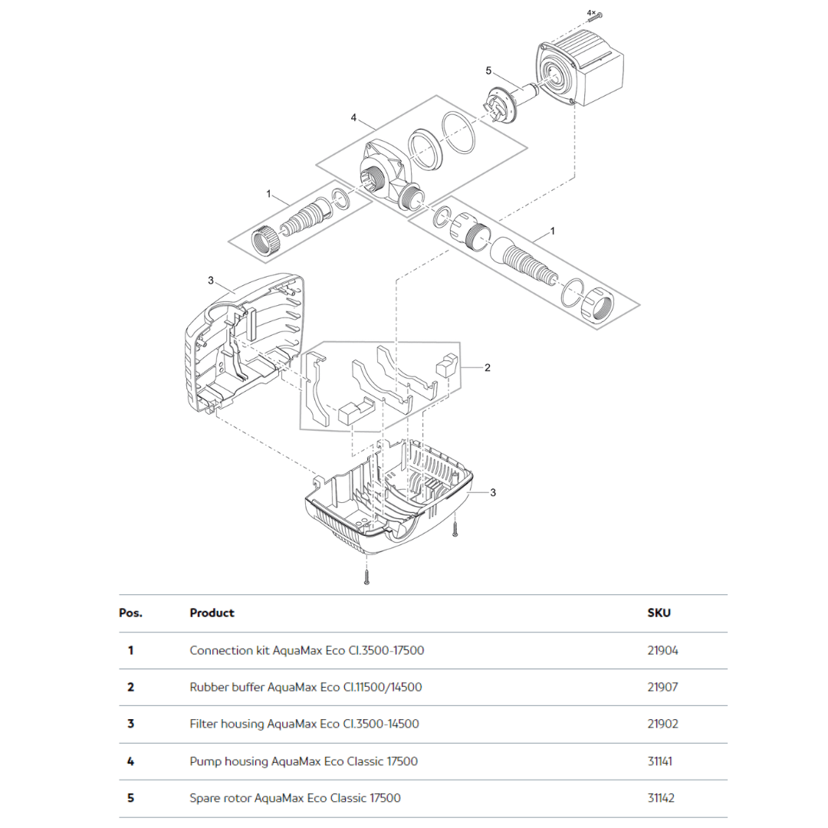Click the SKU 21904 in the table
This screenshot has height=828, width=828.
662,650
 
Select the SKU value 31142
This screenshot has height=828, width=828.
661,798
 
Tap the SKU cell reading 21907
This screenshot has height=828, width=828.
662,687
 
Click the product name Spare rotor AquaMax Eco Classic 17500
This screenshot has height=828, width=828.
294,798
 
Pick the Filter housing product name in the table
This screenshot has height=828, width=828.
304,724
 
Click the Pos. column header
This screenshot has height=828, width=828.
131,613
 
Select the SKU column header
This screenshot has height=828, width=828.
659,613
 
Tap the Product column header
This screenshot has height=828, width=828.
212,613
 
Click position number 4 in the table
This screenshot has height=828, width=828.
130,761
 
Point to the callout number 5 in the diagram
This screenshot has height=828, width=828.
488,71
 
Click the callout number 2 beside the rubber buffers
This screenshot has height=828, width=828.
487,367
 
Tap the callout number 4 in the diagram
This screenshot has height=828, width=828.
353,117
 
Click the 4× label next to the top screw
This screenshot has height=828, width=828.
590,13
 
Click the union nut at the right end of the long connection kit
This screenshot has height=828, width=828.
596,307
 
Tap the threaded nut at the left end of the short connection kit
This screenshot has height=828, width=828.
264,243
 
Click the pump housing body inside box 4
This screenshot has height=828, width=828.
383,175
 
